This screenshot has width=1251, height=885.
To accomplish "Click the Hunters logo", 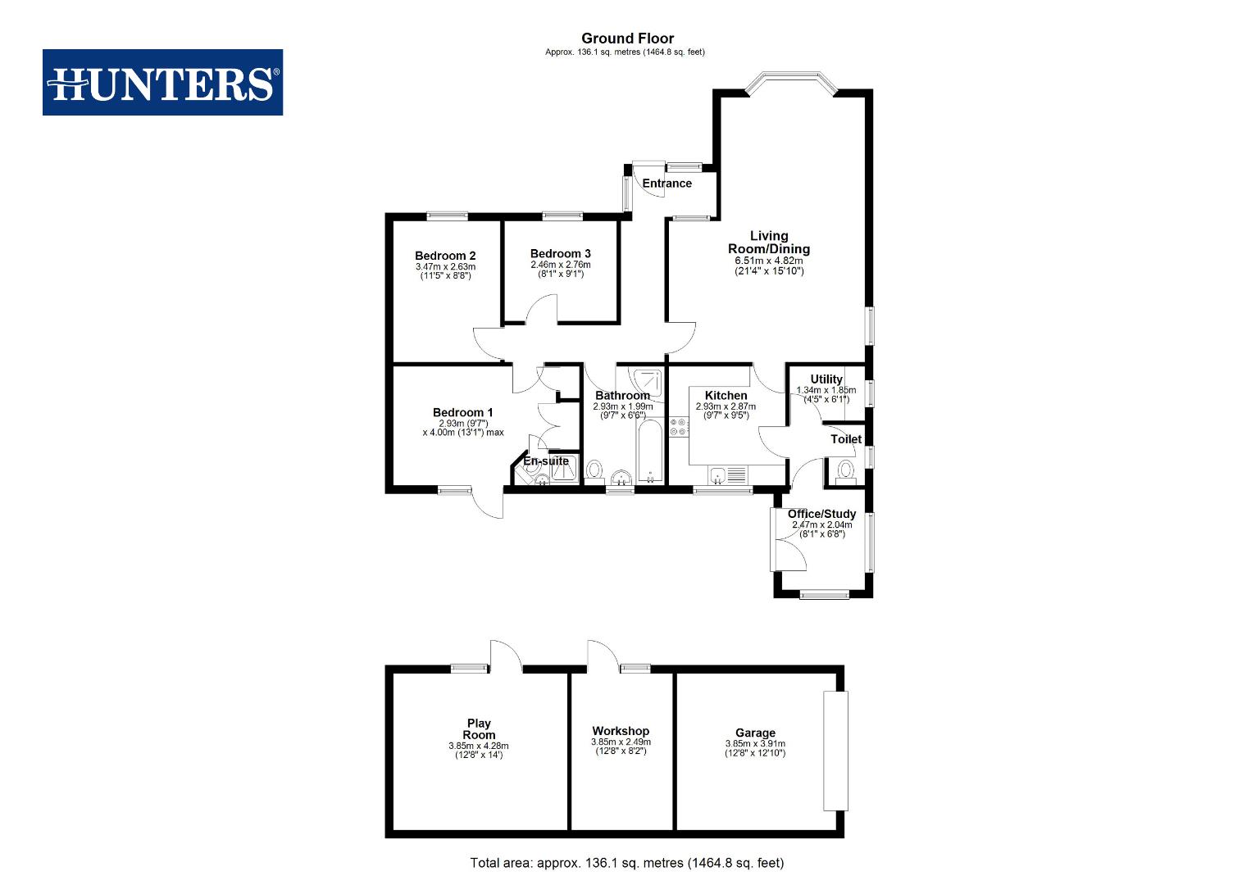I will (162, 83).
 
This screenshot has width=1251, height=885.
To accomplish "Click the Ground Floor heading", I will (627, 39).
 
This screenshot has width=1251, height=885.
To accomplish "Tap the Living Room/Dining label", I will (769, 243).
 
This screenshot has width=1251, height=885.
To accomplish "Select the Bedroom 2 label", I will (445, 256).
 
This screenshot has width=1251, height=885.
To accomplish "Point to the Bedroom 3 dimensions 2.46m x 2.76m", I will (560, 265).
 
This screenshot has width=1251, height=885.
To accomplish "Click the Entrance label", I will (666, 184).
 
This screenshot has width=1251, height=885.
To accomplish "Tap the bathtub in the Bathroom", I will (648, 452).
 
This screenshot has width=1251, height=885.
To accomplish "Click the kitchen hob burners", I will (679, 427).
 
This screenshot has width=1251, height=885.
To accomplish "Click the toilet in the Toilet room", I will (845, 470).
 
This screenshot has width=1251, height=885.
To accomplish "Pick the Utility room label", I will (826, 379).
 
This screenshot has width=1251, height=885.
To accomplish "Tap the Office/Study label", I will (821, 514).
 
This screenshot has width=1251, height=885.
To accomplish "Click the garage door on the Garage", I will (835, 751).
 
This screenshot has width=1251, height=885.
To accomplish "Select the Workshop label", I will (621, 731).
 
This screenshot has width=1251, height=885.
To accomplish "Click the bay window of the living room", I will (791, 83).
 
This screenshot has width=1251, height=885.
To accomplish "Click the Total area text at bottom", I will (626, 862).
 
